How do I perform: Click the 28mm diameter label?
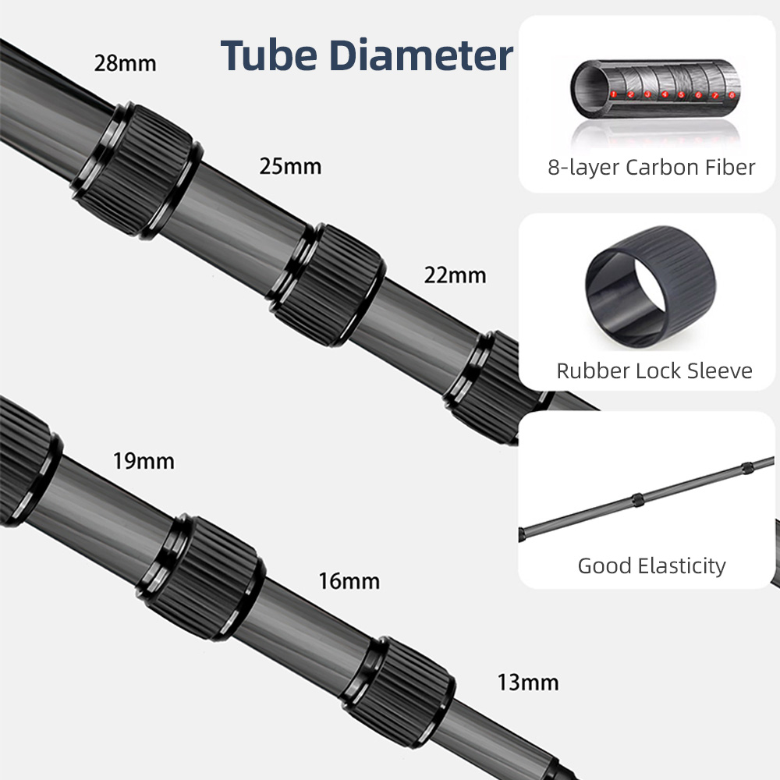coord(125,64)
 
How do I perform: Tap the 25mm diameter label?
coord(290,166)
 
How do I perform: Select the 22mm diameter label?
coord(456,275)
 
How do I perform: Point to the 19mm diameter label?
coord(144,461)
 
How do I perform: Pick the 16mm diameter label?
coord(349,581)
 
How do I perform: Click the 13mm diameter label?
coord(528,682)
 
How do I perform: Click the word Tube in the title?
coord(268,55)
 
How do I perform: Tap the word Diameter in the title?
coord(421,55)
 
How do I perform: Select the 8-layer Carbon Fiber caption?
coord(651,168)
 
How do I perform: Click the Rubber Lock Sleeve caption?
coord(654,370)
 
